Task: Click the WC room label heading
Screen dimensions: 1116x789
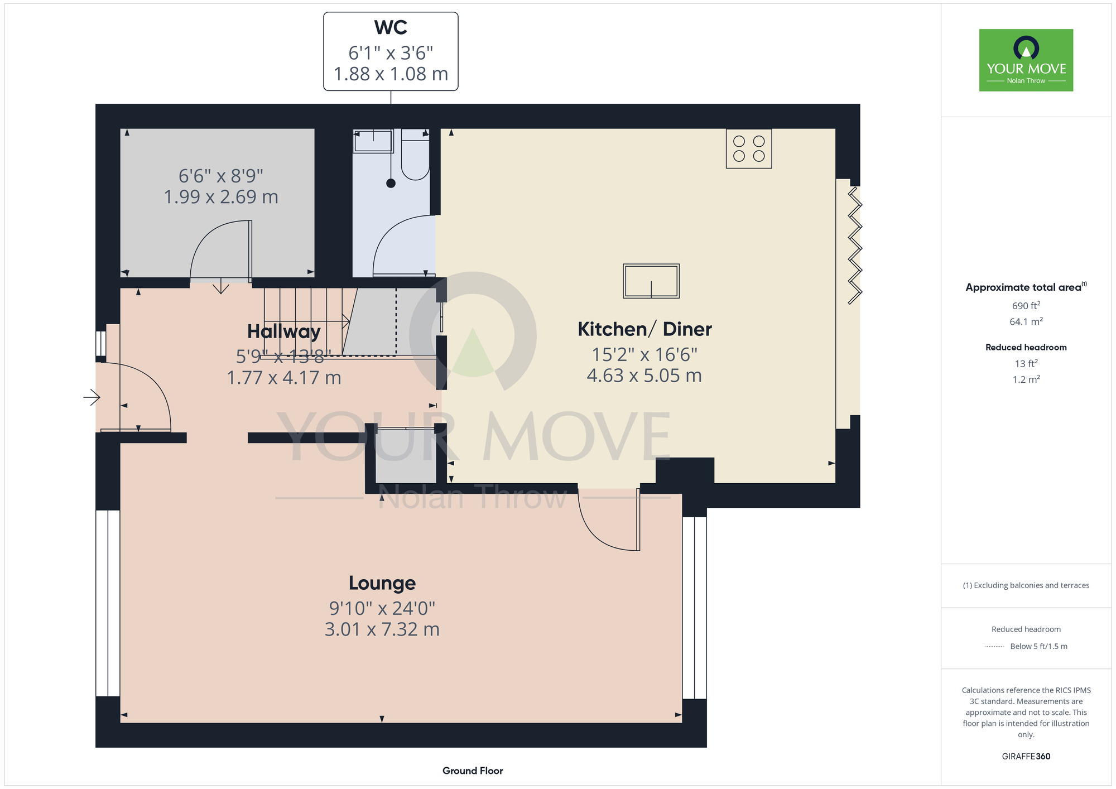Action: point(391,27)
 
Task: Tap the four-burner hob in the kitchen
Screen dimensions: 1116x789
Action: point(749,148)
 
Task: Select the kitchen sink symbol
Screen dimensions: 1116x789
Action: point(651,281)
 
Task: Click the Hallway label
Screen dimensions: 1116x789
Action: point(283,331)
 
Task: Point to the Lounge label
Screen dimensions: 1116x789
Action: point(382,583)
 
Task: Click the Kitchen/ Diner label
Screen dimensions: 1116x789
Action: point(644,329)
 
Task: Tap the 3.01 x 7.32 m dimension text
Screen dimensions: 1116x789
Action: point(382,629)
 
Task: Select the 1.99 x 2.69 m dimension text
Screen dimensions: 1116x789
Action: point(221,197)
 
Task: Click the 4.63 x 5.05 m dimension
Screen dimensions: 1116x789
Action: point(644,376)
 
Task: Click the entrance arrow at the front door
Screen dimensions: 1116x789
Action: point(92,397)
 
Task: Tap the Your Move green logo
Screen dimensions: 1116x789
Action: point(1026,60)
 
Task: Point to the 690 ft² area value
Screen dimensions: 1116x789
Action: point(1026,306)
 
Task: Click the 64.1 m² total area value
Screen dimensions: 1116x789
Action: point(1026,321)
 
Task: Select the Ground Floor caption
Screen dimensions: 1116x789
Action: point(473,771)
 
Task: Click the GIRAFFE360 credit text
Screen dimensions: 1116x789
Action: point(1026,757)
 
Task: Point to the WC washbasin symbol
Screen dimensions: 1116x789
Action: point(373,141)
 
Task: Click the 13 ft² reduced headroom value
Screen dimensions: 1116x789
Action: point(1026,364)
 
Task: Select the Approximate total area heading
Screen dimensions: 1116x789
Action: point(1026,287)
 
